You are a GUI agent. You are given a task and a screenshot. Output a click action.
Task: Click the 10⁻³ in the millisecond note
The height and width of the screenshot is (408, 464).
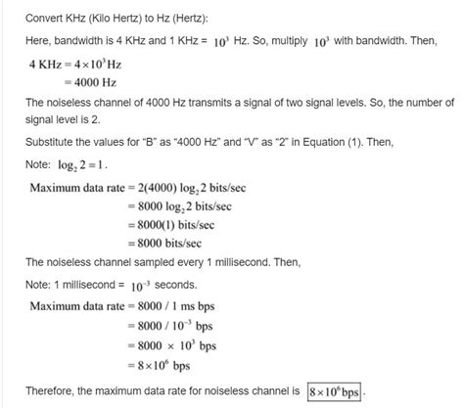pyautogui.click(x=131, y=284)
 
